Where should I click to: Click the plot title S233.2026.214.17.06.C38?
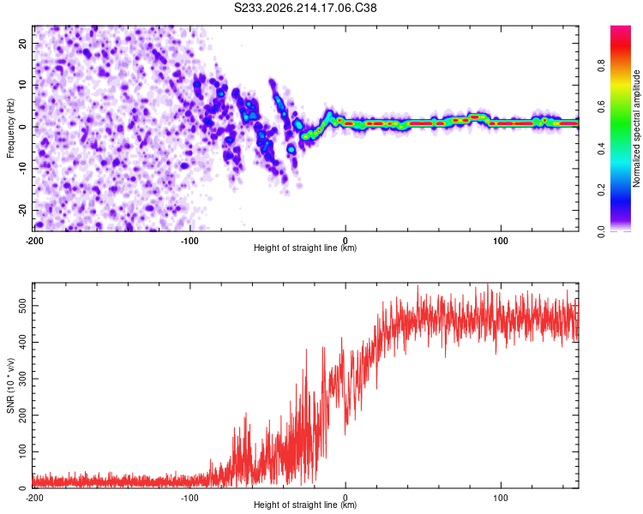305,8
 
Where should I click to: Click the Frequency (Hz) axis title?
10,128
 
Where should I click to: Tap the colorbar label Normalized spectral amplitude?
636,128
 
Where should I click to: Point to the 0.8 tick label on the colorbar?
601,66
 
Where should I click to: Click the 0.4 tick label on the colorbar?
601,149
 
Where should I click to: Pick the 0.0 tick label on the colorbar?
601,232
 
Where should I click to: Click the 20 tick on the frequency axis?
23,44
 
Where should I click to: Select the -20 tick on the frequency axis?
23,210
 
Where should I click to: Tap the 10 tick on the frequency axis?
23,85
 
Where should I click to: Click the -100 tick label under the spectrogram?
189,241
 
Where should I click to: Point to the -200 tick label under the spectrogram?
34,241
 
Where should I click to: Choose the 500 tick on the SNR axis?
23,306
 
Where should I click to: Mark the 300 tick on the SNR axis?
23,379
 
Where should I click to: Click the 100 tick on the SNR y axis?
23,451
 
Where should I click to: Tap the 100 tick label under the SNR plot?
501,498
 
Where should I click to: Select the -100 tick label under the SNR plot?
189,498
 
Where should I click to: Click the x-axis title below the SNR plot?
305,505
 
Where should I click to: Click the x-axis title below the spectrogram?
305,248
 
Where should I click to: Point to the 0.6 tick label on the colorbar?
601,107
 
